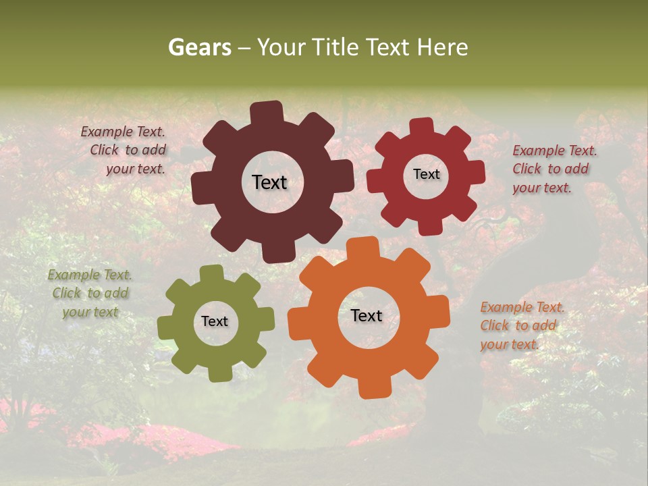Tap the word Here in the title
pos(442,47)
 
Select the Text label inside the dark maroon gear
pos(269,182)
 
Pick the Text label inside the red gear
pos(426,174)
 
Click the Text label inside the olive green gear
pos(215,322)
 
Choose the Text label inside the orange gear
pos(367,316)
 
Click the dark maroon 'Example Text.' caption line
pos(123,132)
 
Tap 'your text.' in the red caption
pos(541,188)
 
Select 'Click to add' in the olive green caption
pos(90,294)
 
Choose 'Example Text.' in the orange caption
pos(522,308)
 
